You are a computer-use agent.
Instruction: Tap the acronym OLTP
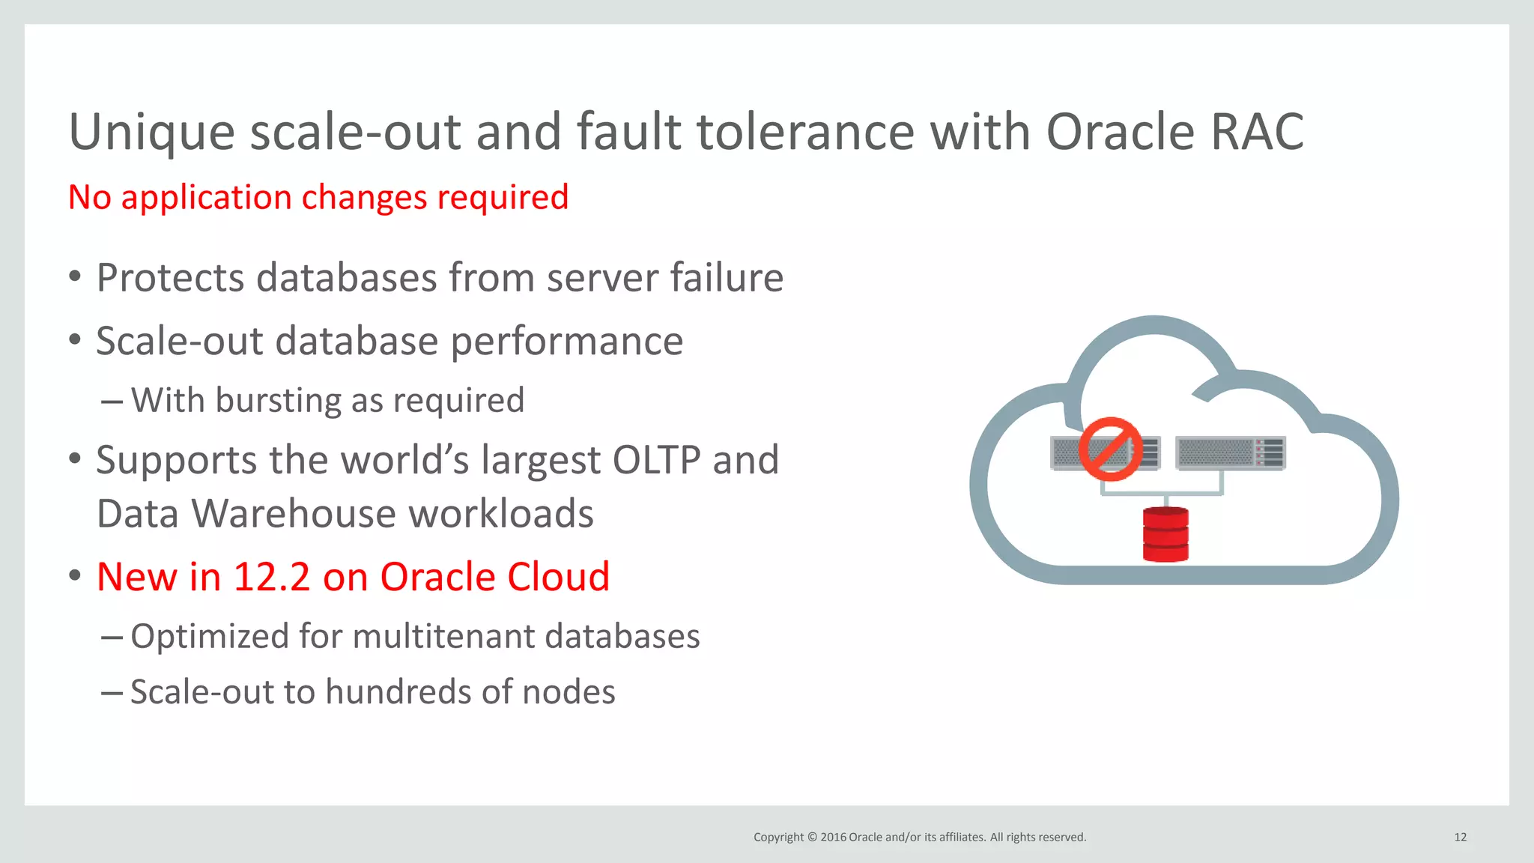(656, 460)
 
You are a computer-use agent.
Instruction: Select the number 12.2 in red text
(272, 578)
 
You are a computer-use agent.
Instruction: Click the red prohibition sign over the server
(1110, 449)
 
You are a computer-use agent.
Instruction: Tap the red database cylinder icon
(1165, 534)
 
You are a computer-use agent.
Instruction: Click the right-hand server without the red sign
(1231, 453)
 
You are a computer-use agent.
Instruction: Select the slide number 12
(1460, 838)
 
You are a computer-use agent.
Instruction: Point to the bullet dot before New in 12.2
(74, 576)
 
